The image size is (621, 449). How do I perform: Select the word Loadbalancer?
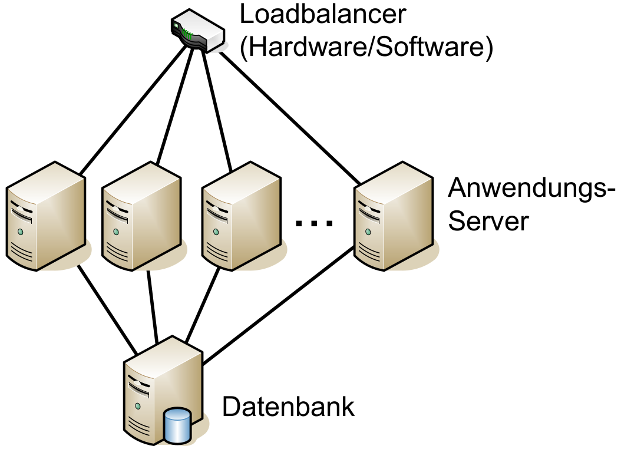point(323,14)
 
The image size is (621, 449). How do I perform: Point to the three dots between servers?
point(314,223)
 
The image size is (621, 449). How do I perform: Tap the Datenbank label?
point(288,407)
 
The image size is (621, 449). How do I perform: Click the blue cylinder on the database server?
point(177,425)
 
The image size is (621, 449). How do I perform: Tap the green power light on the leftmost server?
point(21,232)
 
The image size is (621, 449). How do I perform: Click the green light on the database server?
point(137,406)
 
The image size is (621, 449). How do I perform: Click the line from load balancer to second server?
point(174,106)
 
